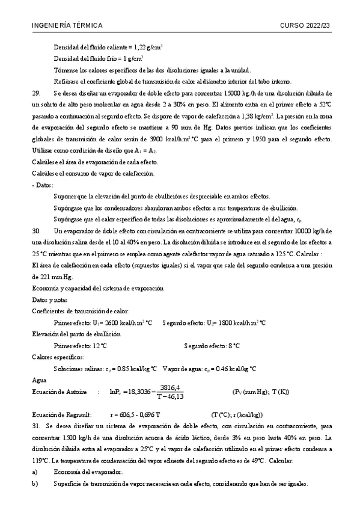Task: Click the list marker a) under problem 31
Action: point(35,472)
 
